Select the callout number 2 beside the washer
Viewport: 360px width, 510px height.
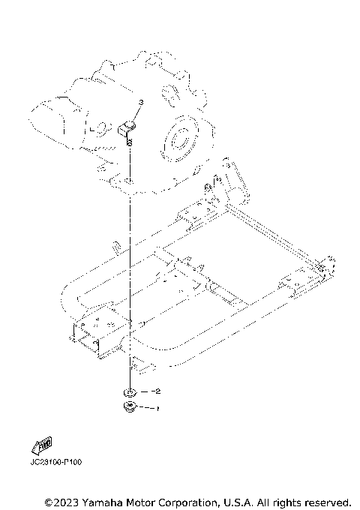157,391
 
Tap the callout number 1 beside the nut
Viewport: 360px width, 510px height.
157,409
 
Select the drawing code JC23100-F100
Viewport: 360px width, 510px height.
56,461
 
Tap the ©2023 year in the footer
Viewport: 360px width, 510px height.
60,502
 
